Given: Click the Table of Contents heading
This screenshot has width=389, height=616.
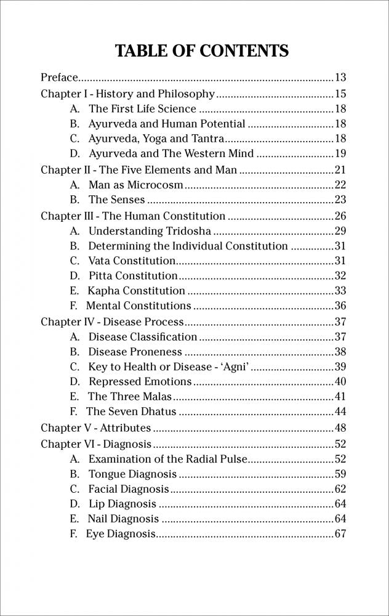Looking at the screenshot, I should [202, 51].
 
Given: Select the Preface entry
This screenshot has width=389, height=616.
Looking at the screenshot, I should [59, 78].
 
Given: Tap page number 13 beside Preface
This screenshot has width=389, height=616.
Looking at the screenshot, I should [340, 78].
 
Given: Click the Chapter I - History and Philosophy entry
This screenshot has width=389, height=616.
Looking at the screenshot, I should [127, 94].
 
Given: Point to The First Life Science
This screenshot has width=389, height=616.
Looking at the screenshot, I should [142, 109].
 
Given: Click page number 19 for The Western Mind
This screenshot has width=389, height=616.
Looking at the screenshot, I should [340, 153].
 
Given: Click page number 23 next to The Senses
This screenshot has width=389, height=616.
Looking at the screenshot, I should [340, 200].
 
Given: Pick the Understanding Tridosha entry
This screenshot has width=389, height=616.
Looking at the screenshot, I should [150, 231].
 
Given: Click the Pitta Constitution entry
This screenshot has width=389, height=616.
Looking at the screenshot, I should [133, 275].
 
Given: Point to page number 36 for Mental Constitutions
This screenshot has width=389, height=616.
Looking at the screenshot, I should [340, 306].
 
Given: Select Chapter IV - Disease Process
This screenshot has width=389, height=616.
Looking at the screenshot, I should [112, 322].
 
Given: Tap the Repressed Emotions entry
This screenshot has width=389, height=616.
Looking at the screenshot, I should [140, 382].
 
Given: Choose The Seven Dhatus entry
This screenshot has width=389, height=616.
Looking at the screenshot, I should [131, 411].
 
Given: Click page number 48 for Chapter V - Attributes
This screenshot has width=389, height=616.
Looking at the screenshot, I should [340, 428].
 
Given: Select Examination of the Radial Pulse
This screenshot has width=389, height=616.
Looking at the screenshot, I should [164, 459].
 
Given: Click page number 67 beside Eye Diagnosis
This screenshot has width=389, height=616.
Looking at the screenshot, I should [340, 533].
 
